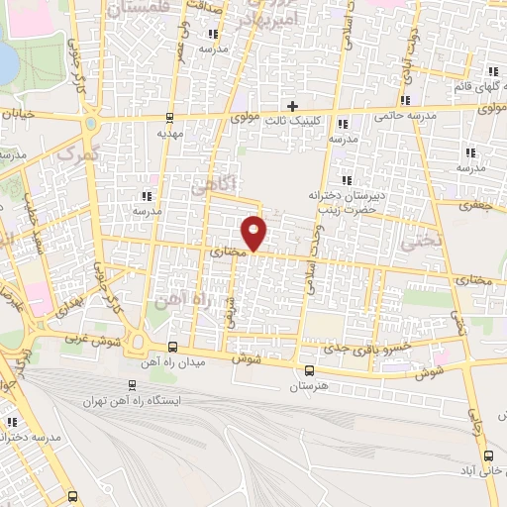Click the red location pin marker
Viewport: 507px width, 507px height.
(255, 233)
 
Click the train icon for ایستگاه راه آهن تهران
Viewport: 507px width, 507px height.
(133, 385)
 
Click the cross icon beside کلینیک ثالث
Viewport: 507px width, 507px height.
(291, 106)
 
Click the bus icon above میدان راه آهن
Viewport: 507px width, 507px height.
(173, 347)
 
